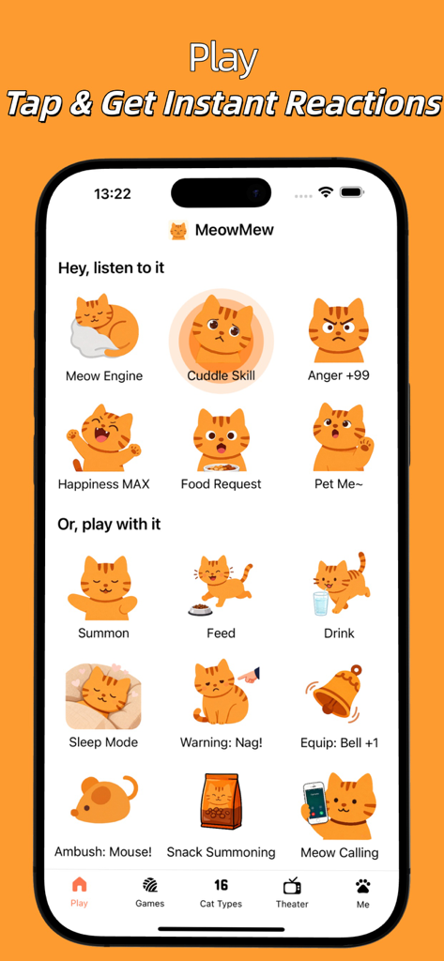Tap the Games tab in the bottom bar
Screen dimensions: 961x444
click(149, 892)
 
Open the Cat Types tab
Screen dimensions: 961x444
click(222, 892)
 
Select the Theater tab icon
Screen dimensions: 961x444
click(292, 892)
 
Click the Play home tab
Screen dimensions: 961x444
click(79, 892)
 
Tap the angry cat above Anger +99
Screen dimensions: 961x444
click(338, 330)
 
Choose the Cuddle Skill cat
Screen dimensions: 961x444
click(222, 333)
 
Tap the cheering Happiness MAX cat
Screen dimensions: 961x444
click(103, 438)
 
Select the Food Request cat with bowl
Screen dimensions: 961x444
click(222, 439)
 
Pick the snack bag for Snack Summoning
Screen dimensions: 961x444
click(222, 801)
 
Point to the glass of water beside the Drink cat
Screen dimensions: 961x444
click(321, 602)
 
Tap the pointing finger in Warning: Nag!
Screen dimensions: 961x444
click(248, 675)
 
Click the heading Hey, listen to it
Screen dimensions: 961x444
click(111, 267)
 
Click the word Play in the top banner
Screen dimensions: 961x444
click(222, 58)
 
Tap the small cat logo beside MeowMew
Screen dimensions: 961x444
click(177, 230)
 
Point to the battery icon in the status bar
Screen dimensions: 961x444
click(352, 192)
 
